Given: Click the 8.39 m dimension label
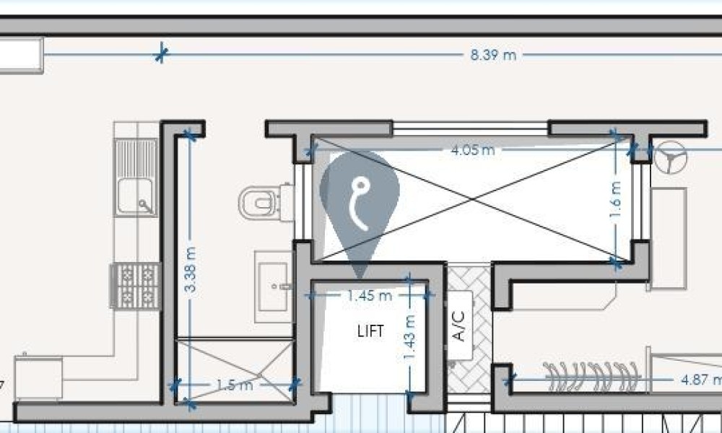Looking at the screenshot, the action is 493,56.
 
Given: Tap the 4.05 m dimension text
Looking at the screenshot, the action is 473,150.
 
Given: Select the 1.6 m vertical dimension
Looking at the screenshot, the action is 615,199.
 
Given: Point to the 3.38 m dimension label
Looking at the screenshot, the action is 190,270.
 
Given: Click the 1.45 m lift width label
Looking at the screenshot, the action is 370,295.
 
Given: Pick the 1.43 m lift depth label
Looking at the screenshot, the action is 409,337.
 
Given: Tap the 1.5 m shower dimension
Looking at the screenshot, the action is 235,385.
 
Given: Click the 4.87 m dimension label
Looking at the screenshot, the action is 701,380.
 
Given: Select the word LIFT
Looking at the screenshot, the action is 370,331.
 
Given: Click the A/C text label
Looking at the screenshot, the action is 459,325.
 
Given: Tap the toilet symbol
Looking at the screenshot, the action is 266,203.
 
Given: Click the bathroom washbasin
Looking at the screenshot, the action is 274,287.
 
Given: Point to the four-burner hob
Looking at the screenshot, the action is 136,285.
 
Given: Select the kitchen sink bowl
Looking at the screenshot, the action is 136,196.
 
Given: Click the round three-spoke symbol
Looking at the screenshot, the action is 671,157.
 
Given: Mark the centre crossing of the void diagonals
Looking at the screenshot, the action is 472,198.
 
